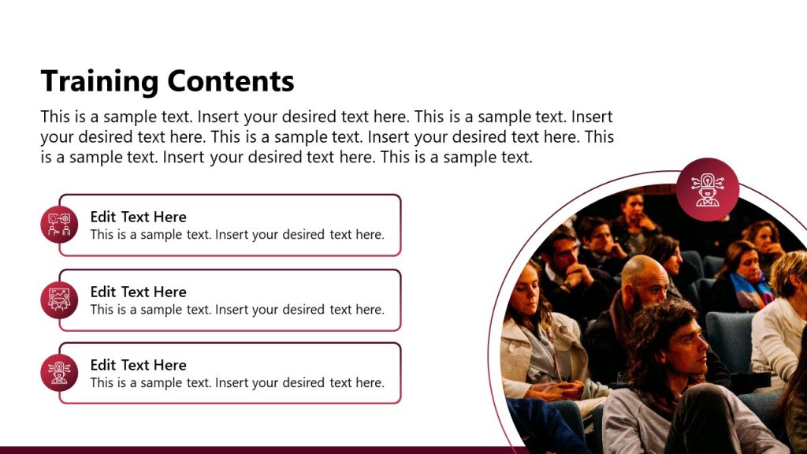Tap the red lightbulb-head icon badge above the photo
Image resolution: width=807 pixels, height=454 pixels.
(707, 189)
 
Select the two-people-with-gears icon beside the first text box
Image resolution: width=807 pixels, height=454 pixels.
(59, 224)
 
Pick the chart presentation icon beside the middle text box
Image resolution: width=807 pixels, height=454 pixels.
(59, 300)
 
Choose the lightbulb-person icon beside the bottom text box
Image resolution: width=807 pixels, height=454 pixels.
(59, 373)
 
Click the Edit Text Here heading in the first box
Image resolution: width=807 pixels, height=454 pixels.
(138, 217)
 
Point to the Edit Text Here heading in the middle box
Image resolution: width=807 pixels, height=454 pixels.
(138, 292)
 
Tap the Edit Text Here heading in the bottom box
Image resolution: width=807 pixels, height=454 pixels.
(138, 365)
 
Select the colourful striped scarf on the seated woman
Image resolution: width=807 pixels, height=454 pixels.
(749, 292)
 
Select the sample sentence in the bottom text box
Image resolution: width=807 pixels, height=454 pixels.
(237, 383)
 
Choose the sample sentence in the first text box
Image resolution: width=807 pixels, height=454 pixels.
(237, 235)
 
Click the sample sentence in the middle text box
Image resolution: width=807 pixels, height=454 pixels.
(237, 310)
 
